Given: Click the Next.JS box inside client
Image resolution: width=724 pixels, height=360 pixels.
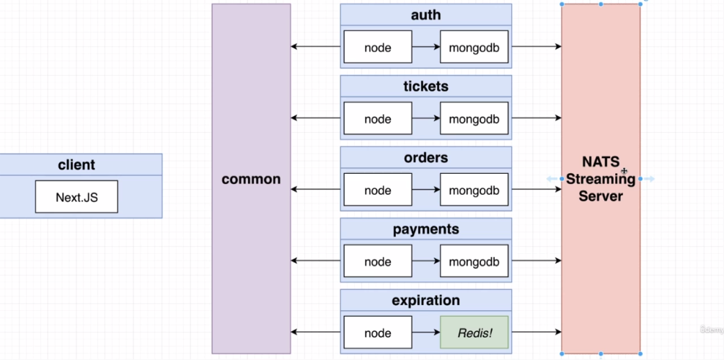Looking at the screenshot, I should pos(76,197).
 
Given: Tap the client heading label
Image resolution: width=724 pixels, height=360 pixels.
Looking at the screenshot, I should pos(76,165).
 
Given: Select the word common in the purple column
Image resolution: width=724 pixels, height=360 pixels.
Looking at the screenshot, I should pos(251,179).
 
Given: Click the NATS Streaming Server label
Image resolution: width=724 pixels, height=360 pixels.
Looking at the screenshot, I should pos(600,179).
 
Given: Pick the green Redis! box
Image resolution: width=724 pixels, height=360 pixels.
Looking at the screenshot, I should pos(474,333).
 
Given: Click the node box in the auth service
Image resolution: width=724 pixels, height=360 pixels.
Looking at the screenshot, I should pos(377,48).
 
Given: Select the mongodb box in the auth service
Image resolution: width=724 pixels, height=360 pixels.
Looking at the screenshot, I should pos(474,48).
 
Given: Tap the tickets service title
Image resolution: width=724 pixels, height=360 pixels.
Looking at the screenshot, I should pos(425,87).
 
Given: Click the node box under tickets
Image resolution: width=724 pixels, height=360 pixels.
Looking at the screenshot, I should pos(377,119).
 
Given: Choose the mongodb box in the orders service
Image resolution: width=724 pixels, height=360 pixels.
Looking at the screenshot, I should pos(474,190).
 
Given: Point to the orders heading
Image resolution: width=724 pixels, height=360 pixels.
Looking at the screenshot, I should pos(425,157).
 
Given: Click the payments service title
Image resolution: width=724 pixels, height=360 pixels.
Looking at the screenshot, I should pos(425,229).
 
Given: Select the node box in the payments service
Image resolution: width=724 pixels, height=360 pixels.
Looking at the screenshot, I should pos(377,262).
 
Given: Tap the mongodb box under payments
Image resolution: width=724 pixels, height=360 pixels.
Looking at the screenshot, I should pos(474,262).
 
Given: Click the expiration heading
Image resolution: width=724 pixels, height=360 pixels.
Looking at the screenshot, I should pos(425,300).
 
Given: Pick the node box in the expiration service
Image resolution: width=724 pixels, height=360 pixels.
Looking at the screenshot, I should pos(377,333).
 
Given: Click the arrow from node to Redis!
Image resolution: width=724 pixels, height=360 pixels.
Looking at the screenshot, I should pos(425,333).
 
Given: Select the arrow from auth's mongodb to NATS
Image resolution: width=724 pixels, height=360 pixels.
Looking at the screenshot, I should pos(535,47).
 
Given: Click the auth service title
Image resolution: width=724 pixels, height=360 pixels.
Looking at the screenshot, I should pos(425,15).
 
